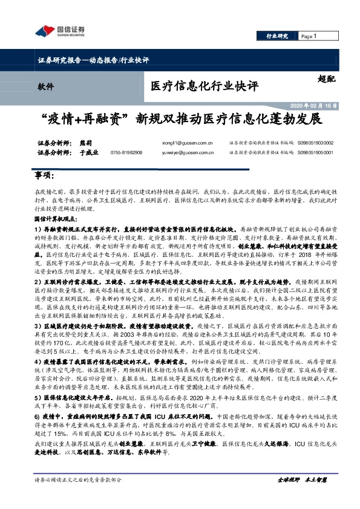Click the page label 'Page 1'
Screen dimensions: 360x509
309,36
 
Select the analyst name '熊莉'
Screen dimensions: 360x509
85,143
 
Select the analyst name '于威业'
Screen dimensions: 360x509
88,152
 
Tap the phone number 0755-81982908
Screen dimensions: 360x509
126,153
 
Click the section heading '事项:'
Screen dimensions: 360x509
44,175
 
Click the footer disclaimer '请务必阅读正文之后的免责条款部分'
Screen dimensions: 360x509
78,496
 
